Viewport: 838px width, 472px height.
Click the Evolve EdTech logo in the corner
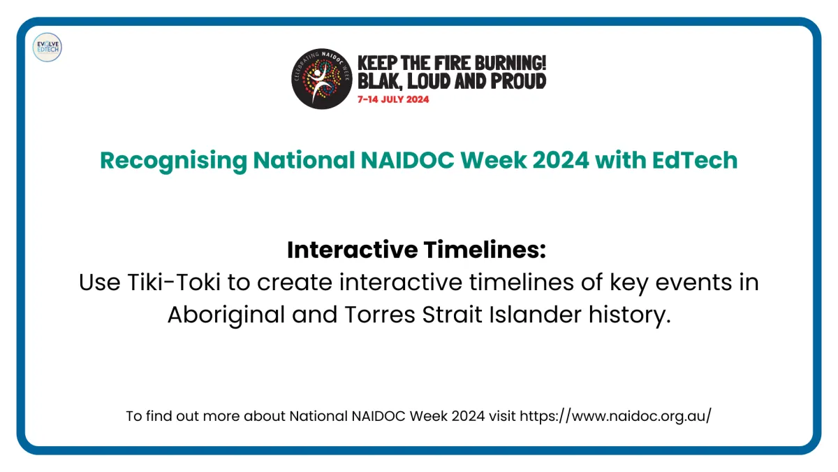[x=47, y=48]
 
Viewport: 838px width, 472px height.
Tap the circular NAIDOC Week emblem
[x=322, y=78]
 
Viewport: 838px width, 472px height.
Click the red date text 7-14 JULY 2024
[x=393, y=99]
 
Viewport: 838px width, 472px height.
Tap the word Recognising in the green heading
[x=174, y=161]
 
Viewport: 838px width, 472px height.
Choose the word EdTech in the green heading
[x=695, y=160]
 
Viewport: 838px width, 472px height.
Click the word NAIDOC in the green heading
[x=407, y=160]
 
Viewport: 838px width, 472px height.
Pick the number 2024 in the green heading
[x=561, y=160]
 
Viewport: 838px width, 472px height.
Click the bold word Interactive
[x=353, y=250]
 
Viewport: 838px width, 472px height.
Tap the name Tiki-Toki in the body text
[x=174, y=282]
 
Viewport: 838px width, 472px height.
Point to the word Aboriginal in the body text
[x=226, y=315]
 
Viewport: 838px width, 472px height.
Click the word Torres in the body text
[x=379, y=315]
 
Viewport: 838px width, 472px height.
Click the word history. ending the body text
[x=630, y=315]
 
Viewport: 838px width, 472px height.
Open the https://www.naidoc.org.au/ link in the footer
[x=616, y=416]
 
